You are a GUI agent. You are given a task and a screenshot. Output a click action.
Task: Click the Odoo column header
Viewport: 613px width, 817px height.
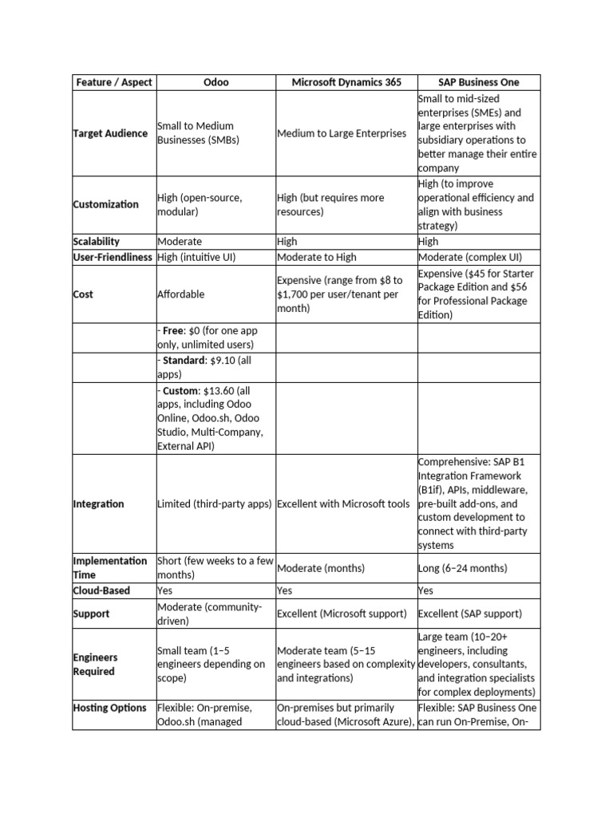pos(215,82)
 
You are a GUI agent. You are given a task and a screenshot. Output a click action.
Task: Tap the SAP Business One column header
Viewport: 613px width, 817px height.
pos(478,82)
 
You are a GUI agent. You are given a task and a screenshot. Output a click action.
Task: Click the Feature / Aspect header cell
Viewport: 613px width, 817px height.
pos(113,82)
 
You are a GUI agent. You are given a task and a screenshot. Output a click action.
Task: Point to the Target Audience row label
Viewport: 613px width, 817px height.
pos(110,133)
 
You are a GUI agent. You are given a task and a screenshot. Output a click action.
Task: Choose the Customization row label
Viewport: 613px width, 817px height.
pos(106,204)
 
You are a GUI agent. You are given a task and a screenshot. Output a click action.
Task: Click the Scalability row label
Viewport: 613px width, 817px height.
pos(97,241)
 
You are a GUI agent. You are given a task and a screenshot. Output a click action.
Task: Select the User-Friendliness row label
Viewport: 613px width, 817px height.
pos(113,257)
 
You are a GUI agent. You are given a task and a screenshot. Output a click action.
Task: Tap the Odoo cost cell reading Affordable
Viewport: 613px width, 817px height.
pos(181,294)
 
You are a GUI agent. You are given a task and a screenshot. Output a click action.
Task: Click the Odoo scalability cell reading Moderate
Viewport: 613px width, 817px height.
pos(180,241)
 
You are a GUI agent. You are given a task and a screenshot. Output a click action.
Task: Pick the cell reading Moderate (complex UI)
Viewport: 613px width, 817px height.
pos(467,257)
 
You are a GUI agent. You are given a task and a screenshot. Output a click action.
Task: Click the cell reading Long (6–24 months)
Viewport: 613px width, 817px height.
pos(462,568)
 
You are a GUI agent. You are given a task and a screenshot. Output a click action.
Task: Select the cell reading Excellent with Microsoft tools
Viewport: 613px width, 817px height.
pos(343,504)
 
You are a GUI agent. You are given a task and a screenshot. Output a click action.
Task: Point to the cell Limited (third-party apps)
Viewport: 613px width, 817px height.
pos(215,504)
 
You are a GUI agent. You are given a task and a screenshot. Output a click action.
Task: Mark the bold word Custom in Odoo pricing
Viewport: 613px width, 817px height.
pos(180,390)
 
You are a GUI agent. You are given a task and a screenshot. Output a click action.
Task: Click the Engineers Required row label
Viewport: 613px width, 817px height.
pos(95,665)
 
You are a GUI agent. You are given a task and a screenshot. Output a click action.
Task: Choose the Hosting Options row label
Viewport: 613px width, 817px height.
pos(110,708)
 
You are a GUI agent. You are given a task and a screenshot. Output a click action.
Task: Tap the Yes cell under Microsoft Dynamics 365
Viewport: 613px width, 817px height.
pos(285,590)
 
